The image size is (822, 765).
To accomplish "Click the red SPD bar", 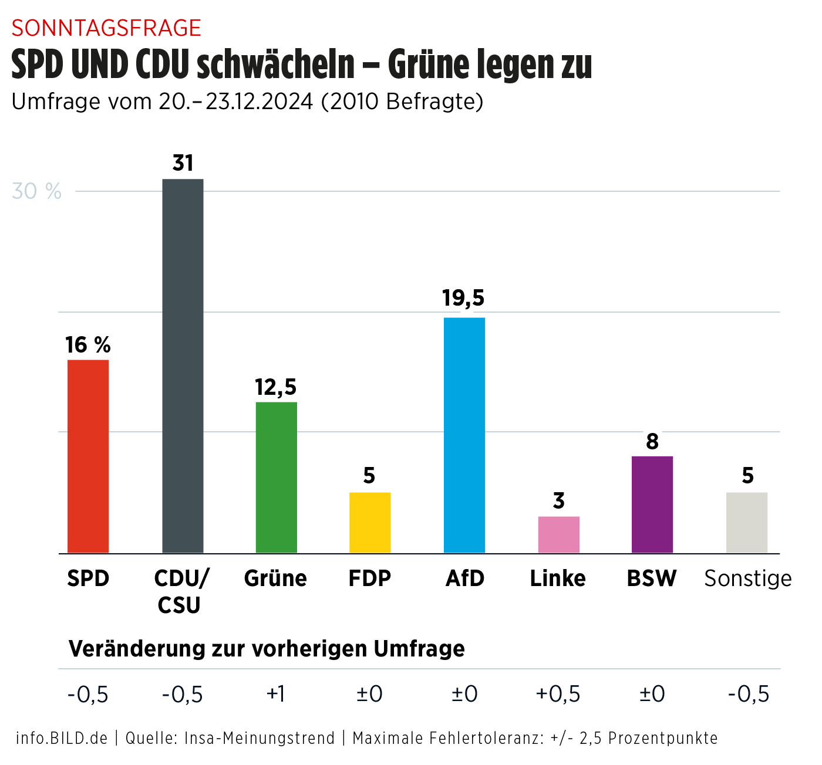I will [x=88, y=456].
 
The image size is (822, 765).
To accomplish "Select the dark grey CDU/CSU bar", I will [x=183, y=365].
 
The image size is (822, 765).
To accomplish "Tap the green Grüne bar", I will [x=276, y=477].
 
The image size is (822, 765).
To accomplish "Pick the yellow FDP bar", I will [x=370, y=522].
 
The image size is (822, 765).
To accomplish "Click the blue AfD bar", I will [x=464, y=435].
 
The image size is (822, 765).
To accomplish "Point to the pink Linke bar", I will [x=558, y=534].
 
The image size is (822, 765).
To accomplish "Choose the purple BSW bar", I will [x=652, y=504].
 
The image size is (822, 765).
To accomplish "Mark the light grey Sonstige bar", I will [x=747, y=522].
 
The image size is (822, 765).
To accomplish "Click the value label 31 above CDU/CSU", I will [x=183, y=163].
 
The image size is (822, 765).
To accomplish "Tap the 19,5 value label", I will [x=463, y=298].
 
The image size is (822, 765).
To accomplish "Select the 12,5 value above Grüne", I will [x=275, y=387].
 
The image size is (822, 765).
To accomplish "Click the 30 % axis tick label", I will [x=36, y=191].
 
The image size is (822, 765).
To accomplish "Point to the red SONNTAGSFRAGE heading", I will [x=106, y=28].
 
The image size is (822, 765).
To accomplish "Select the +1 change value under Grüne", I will [x=275, y=694].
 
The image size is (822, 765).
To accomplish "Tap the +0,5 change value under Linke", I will [x=558, y=694].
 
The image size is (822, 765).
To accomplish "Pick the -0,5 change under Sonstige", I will [x=748, y=694].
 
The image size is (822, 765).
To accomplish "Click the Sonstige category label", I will [x=748, y=578].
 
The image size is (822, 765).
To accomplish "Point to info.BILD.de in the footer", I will [x=62, y=738].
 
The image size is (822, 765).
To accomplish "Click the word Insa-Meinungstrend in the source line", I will [x=260, y=738].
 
